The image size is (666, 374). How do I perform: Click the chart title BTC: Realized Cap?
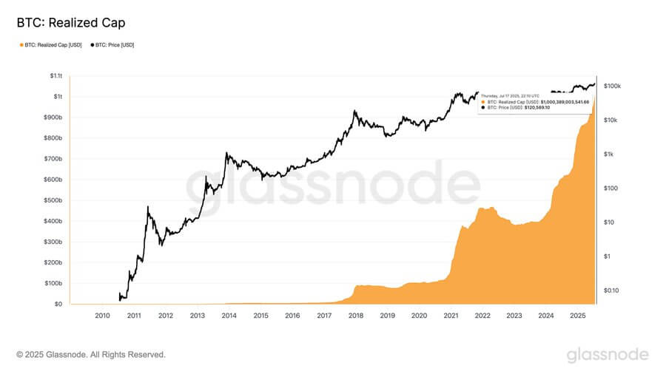70,23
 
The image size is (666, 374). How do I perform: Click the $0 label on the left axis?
57,304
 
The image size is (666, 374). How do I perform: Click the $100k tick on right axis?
612,86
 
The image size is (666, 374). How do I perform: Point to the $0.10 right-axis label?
612,290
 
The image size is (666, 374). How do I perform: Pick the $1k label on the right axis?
609,154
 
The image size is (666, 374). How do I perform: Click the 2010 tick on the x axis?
102,316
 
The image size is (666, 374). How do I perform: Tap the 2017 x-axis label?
324,316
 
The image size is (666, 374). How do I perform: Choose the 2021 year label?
451,316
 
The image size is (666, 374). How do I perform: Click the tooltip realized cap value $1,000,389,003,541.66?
565,101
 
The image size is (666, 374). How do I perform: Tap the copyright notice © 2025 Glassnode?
91,355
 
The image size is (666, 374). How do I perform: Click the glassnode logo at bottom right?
608,355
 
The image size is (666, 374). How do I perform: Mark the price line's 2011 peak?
148,207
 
